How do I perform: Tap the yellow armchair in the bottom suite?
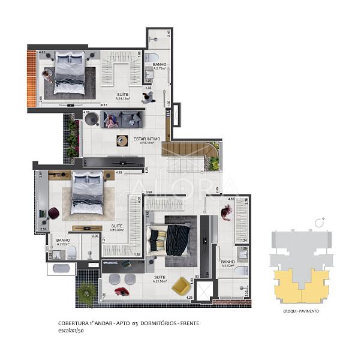(x=180, y=286)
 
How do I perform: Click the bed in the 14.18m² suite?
(x=70, y=71)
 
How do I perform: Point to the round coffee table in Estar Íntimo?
(x=122, y=141)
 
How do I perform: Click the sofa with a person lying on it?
(x=121, y=120)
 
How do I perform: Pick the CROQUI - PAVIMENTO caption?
(x=301, y=311)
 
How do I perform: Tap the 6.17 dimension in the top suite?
(x=112, y=106)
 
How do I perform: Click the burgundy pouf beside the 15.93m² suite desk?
(x=54, y=212)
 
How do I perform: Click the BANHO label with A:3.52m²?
(x=228, y=262)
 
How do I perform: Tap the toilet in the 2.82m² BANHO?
(x=71, y=254)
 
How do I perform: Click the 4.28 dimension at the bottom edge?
(x=189, y=298)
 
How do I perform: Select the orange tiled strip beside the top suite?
(x=32, y=78)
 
